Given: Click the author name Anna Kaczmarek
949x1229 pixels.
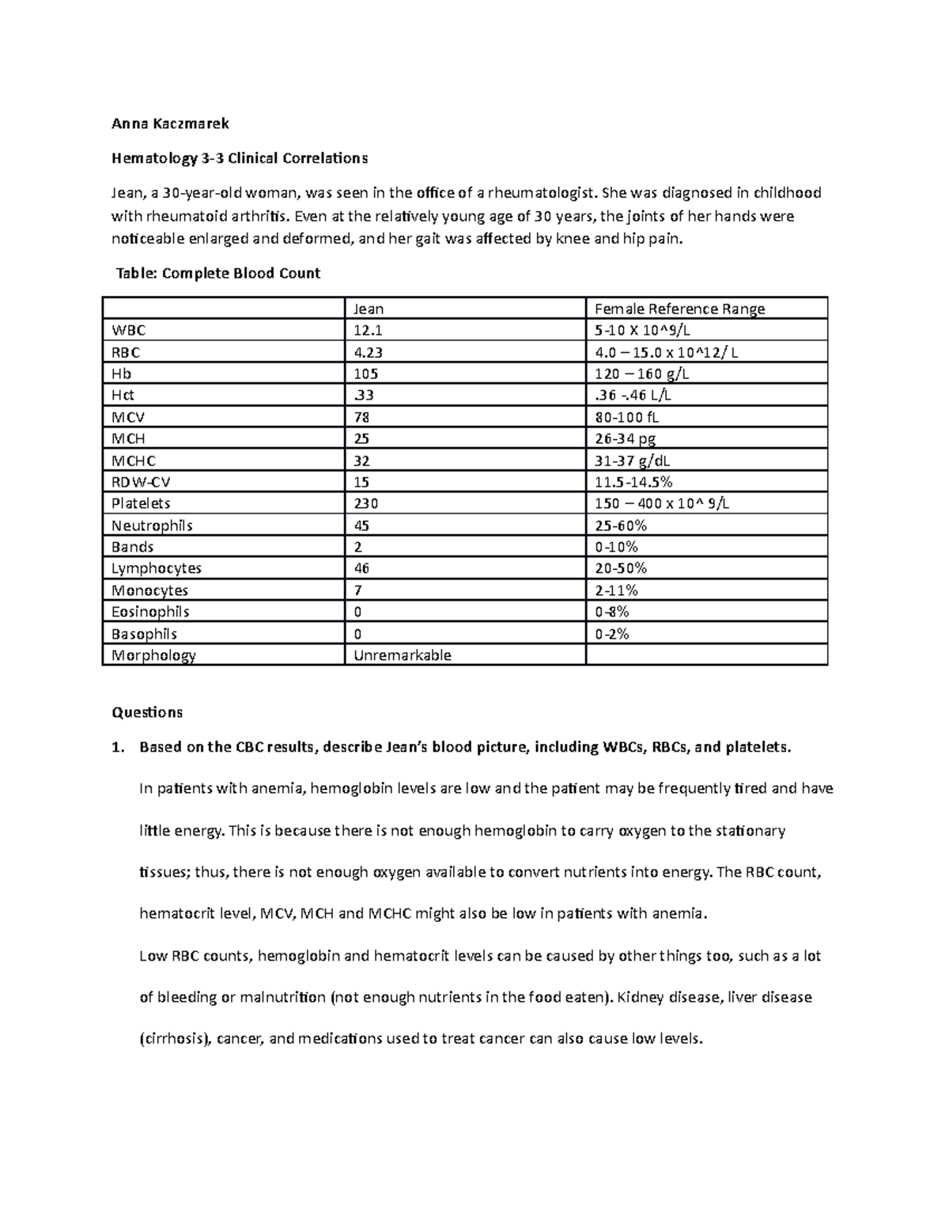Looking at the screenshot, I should (x=170, y=123).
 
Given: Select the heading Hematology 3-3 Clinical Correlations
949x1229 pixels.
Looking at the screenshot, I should (x=239, y=157).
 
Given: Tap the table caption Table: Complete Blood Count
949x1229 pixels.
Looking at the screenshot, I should (x=218, y=273).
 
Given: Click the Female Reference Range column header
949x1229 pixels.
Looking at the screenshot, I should (x=679, y=309).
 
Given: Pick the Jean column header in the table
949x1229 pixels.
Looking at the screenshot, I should (x=369, y=309).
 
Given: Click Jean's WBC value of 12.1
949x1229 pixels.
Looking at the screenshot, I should (x=368, y=330).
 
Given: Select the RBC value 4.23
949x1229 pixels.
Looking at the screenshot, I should (x=368, y=352).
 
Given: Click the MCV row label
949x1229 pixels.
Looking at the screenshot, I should (x=128, y=417).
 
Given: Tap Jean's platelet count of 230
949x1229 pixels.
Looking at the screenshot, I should (x=366, y=503).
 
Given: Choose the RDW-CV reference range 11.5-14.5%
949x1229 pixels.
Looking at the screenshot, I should (x=633, y=482).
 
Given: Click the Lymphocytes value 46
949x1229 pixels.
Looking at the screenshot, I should (x=362, y=568).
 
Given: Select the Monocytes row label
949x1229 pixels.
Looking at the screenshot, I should (x=149, y=590).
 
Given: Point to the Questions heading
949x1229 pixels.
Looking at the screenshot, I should (x=147, y=712).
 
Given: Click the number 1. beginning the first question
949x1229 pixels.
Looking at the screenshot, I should (x=119, y=747).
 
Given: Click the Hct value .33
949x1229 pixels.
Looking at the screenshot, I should (x=364, y=395).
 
